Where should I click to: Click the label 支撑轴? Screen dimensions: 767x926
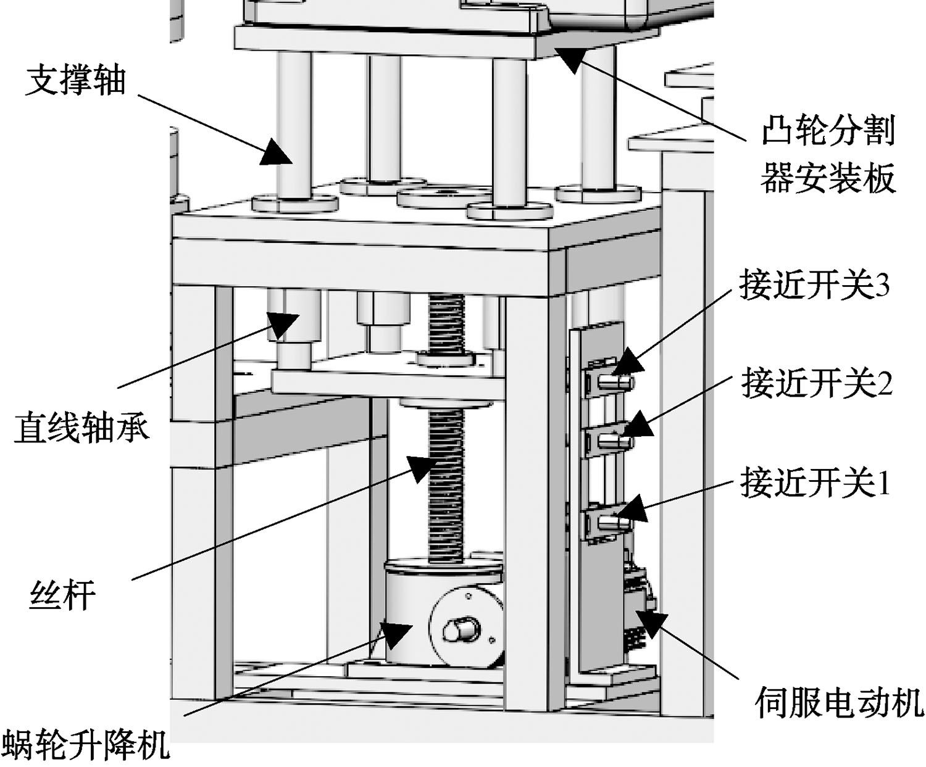[75, 81]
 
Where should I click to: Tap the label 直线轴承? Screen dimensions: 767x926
[81, 428]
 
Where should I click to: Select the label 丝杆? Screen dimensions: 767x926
[62, 595]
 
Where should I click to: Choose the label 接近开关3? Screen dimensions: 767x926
[814, 286]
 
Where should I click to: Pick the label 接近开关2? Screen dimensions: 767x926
[817, 383]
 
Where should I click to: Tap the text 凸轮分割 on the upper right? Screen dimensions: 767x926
[828, 131]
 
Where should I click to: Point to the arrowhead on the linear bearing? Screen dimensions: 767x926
[283, 324]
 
